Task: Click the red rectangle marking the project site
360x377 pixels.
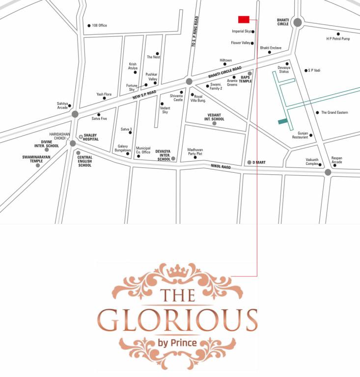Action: pos(244,20)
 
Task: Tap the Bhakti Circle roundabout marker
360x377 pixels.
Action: pos(297,22)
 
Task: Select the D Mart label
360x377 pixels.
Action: pos(259,162)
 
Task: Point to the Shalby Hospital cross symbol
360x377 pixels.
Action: pos(81,137)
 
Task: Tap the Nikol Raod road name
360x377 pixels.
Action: pos(221,166)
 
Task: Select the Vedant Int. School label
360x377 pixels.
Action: pos(215,117)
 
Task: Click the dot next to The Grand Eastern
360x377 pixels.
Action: pos(317,113)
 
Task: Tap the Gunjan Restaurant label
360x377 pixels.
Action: pos(300,135)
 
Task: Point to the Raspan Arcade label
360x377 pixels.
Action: pos(336,160)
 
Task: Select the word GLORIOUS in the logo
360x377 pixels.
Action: pos(177,320)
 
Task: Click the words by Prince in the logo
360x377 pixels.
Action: pos(177,342)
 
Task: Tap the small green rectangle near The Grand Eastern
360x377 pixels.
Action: pos(282,121)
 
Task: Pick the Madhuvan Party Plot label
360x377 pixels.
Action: pos(195,152)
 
